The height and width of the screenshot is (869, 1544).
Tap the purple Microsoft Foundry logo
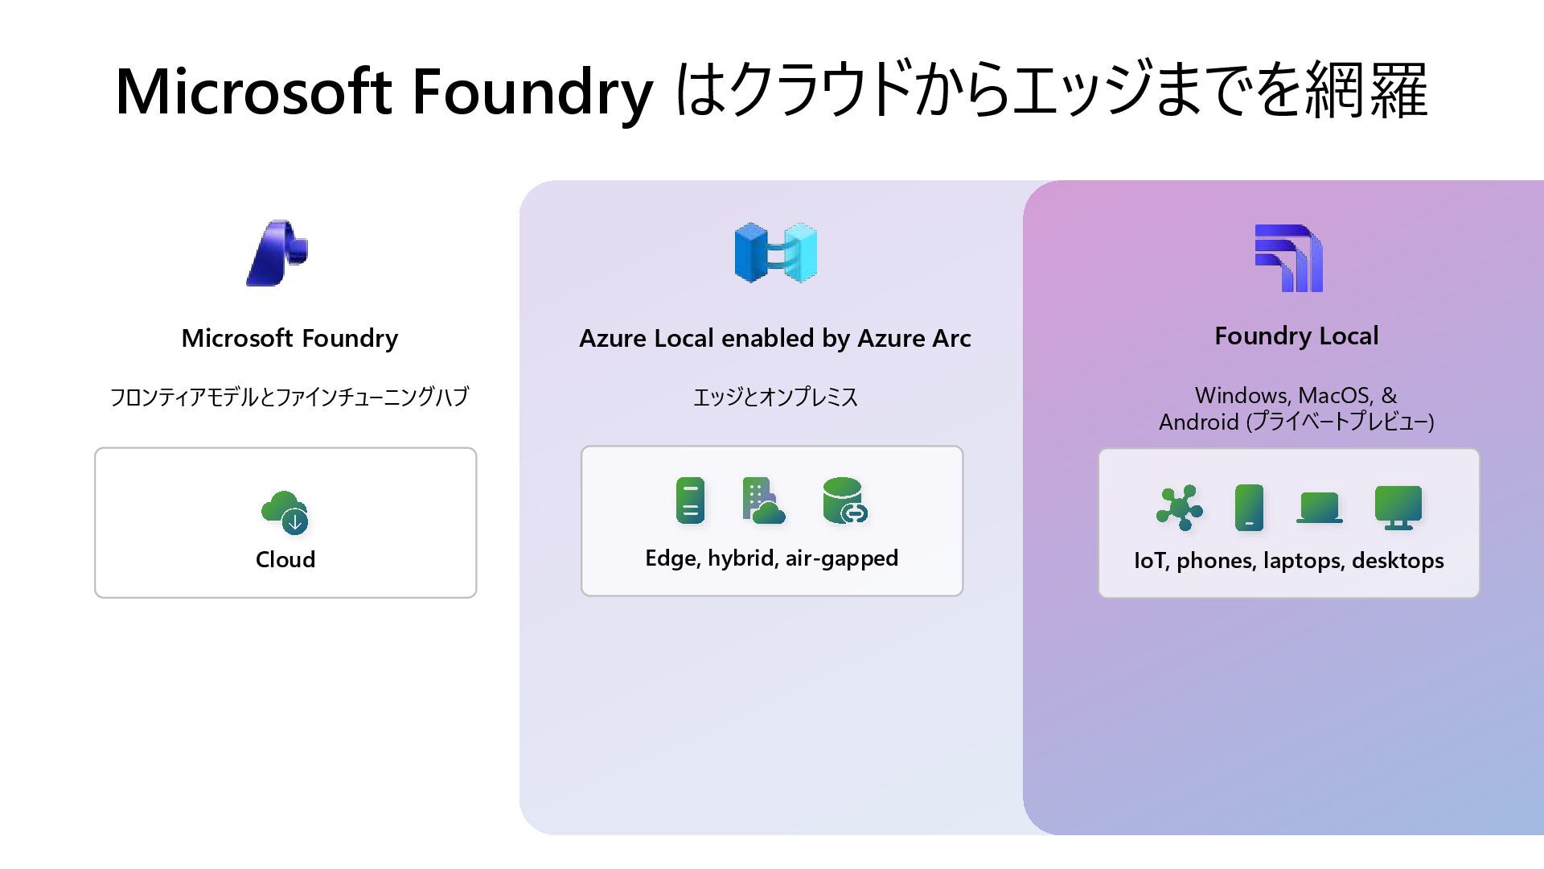277,253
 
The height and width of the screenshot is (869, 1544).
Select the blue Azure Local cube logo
775,253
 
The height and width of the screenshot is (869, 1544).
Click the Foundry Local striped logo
1289,257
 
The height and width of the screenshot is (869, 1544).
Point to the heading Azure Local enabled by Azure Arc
774,339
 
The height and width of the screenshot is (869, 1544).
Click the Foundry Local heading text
1296,336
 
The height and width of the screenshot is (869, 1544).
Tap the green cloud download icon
285,512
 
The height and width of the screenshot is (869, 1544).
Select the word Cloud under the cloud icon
285,560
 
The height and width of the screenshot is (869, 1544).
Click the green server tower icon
690,500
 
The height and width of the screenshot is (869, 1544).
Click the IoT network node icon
1179,508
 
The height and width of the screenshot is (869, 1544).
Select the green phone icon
1249,508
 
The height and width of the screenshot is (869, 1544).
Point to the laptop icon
1319,508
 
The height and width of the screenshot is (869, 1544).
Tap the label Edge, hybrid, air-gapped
771,558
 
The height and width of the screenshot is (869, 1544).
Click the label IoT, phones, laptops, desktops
1288,561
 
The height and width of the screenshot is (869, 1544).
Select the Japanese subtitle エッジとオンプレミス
775,397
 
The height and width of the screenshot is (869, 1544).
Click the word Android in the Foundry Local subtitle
1198,422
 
